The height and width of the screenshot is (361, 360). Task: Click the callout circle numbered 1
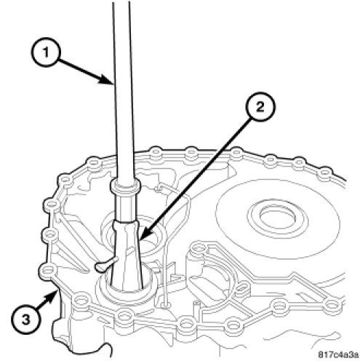[45, 52]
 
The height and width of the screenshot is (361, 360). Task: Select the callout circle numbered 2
[260, 107]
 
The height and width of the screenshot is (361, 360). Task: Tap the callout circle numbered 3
[26, 320]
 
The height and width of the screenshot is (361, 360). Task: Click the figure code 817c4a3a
[338, 354]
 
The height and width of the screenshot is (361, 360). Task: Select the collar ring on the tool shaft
[125, 186]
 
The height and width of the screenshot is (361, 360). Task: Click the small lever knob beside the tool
[100, 266]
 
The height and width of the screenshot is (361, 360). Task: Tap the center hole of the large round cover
[278, 214]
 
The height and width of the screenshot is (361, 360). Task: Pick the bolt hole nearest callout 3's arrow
[48, 269]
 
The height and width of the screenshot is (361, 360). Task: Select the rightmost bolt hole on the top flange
[325, 172]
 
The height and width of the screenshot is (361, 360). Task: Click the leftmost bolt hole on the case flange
[48, 269]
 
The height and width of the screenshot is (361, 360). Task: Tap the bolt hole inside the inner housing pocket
[199, 247]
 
